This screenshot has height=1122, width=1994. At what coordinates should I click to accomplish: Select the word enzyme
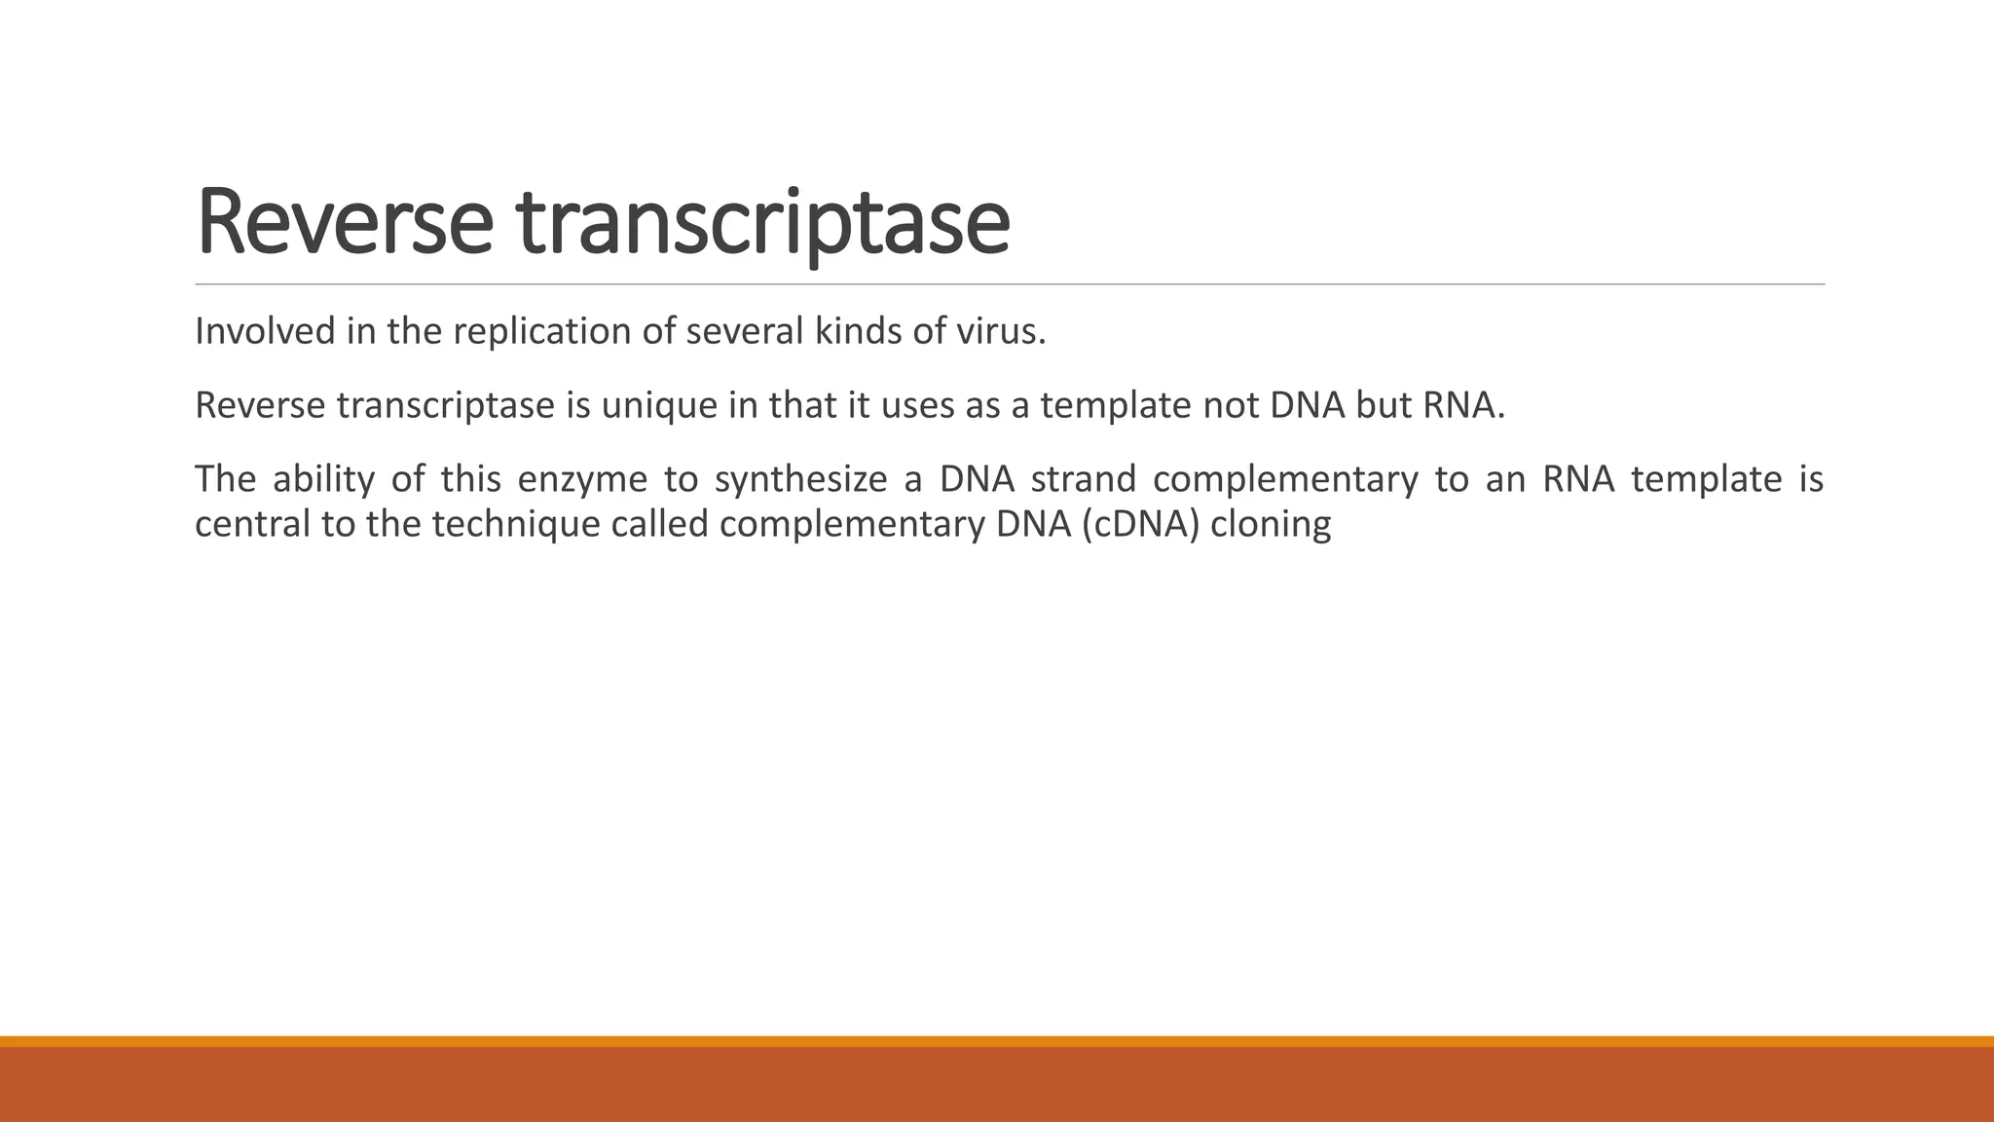click(582, 479)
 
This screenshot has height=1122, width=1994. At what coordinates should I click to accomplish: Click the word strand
click(1084, 479)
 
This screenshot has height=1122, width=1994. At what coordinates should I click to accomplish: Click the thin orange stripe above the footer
click(997, 1041)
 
